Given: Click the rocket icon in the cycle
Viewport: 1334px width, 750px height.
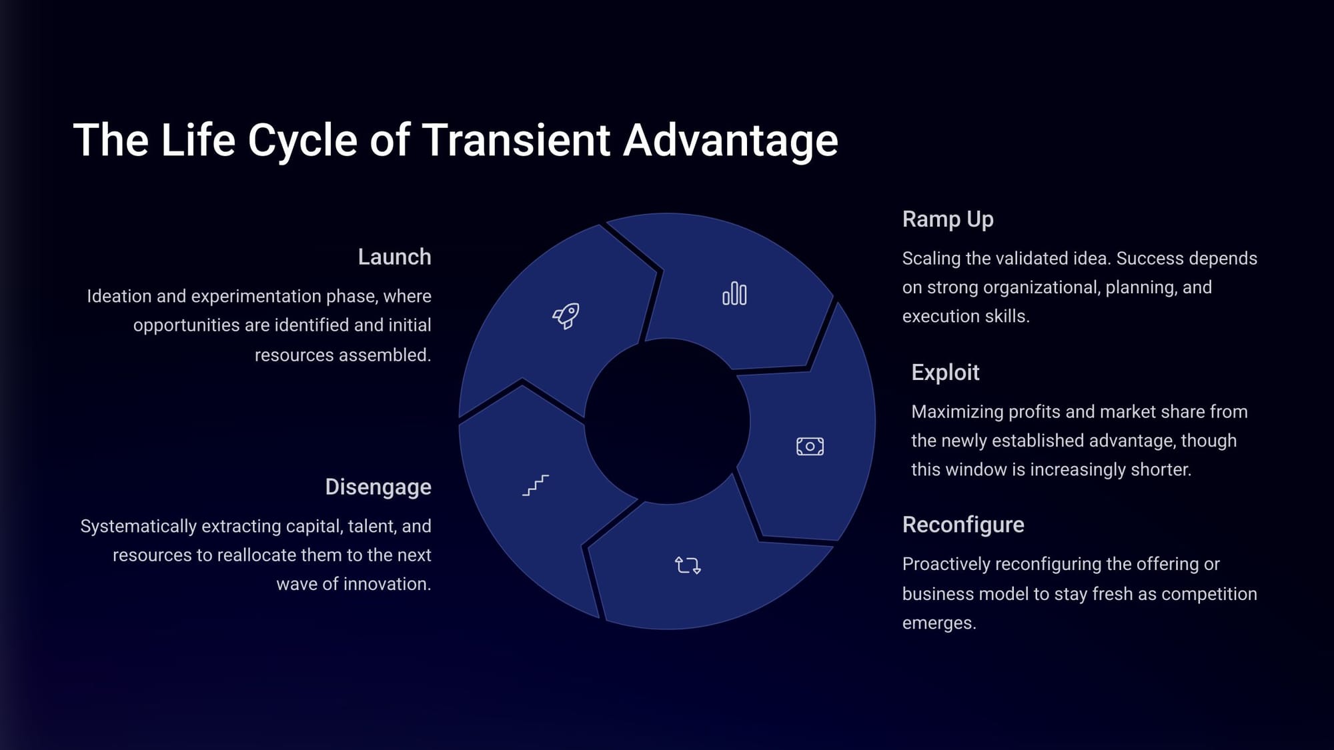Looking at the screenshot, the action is coord(566,316).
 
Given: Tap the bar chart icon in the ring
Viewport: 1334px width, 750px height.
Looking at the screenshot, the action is coord(734,293).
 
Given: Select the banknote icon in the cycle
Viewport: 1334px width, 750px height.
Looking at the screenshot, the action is coord(810,446).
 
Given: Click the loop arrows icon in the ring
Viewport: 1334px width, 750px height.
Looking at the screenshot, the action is coord(688,565).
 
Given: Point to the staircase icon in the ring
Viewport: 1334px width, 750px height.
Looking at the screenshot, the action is coord(536,485).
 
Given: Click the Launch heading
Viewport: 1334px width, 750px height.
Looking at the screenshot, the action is coord(394,257).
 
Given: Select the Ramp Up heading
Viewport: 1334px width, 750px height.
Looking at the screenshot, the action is coord(948,219).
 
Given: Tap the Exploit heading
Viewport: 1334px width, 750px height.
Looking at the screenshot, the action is coord(945,372).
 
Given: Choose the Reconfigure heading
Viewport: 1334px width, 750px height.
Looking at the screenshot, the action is coord(963,525).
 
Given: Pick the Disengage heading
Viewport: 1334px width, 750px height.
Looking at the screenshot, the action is coord(378,487).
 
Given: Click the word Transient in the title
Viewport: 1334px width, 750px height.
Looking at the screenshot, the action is coord(516,140).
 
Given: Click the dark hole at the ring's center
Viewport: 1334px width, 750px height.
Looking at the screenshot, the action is coord(667,421).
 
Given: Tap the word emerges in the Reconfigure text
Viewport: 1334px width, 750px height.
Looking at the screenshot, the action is coord(939,624).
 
